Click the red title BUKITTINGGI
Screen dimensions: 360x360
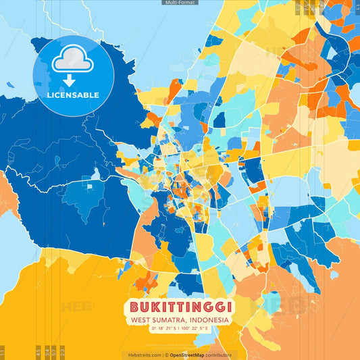180,307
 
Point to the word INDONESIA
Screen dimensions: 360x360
209,319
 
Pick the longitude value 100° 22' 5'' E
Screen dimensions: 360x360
198,328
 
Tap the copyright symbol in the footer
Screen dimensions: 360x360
165,355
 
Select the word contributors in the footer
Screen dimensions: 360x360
219,355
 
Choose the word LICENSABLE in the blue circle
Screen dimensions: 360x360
72,95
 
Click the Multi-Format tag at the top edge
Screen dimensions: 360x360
180,3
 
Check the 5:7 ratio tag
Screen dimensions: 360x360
54,351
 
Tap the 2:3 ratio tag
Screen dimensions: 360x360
63,351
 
